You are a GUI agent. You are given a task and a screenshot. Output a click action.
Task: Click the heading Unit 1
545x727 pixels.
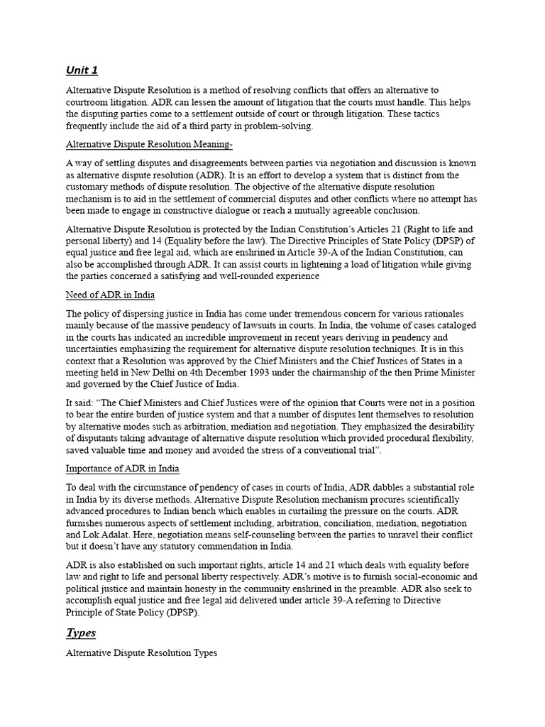82,70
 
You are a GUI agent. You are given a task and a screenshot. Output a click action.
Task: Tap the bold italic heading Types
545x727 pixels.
81,632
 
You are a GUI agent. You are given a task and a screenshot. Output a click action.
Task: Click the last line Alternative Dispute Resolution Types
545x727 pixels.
141,652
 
